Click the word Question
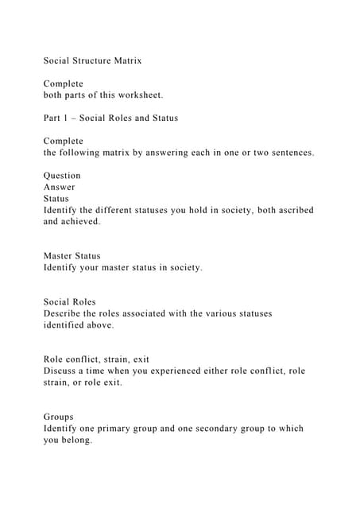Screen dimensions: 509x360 pyautogui.click(x=62, y=176)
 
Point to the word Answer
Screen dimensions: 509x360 pyautogui.click(x=60, y=188)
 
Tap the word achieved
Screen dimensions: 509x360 pyautogui.click(x=79, y=222)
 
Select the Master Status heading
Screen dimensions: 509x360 pyautogui.click(x=72, y=256)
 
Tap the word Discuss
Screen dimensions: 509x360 pyautogui.click(x=63, y=371)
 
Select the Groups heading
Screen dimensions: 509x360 pyautogui.click(x=59, y=417)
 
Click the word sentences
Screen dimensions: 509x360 pyautogui.click(x=287, y=153)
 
